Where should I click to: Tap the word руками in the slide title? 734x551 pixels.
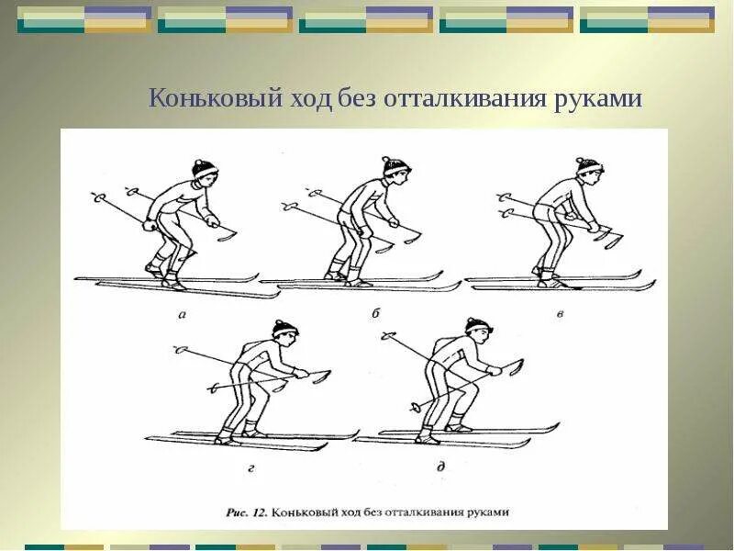[598, 97]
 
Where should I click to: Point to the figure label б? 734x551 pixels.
[375, 313]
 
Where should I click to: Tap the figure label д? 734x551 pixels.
[441, 467]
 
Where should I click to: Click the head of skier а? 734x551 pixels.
[205, 174]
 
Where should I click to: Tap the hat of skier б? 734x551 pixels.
[395, 165]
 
